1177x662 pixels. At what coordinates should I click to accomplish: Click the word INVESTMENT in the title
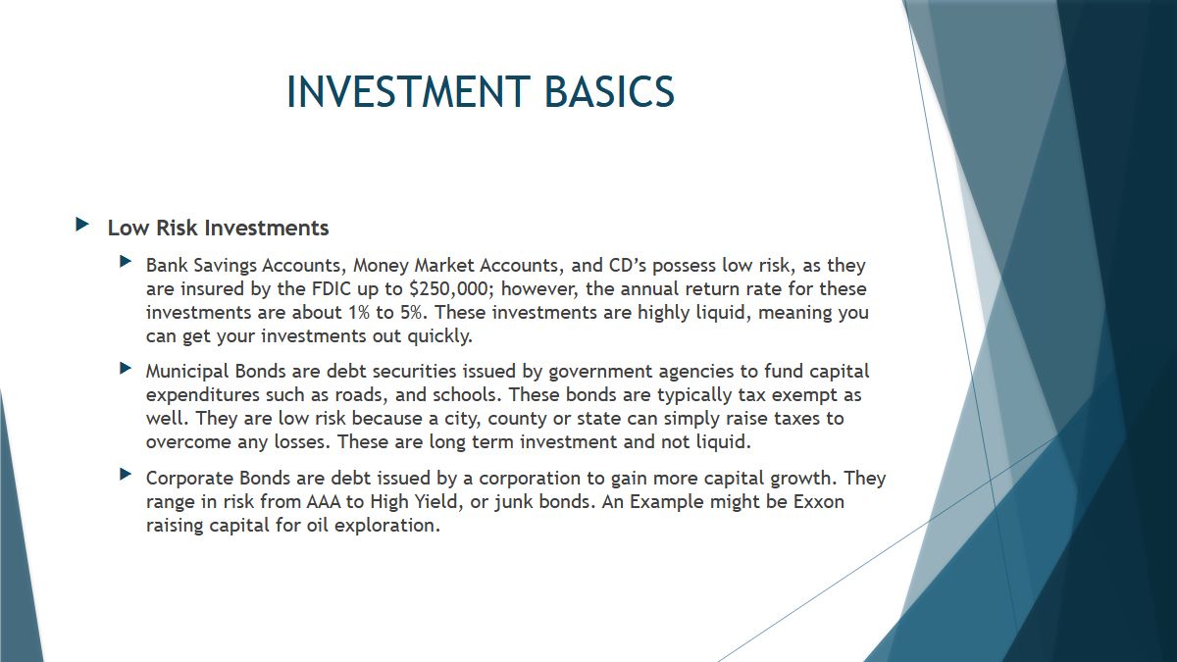coord(408,91)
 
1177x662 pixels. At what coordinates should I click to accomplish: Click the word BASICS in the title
coord(609,91)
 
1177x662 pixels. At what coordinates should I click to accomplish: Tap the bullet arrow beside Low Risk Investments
coord(82,225)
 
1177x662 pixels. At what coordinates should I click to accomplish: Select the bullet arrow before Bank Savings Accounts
coord(126,261)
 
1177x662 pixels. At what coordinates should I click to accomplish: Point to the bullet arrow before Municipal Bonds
coord(126,368)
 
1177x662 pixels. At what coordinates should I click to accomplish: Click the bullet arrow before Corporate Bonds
coord(126,475)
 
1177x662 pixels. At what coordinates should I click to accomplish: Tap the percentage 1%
coord(359,313)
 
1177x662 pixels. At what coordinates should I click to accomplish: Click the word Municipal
coord(187,372)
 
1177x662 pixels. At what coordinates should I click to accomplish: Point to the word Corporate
coord(189,479)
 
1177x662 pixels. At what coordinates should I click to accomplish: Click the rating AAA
coord(323,502)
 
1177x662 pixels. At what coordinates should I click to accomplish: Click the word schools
coord(467,394)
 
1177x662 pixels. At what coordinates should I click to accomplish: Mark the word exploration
coord(386,526)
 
